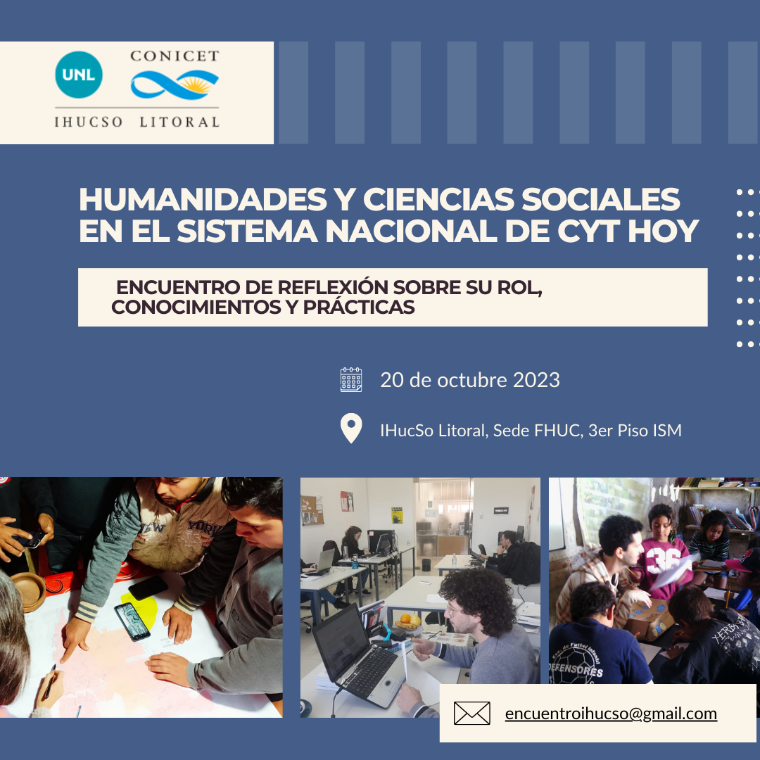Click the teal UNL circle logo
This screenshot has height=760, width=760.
(79, 75)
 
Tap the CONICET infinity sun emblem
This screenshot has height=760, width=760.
(175, 84)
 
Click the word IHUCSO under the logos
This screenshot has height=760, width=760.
(88, 122)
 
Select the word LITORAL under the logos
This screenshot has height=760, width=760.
(179, 122)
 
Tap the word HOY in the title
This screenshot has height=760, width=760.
(663, 231)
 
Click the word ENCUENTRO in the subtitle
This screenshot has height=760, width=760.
(178, 287)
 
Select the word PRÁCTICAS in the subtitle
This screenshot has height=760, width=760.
(359, 307)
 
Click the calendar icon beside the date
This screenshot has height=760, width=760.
(351, 379)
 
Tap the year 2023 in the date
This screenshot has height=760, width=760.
(536, 380)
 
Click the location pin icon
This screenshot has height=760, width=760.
(351, 429)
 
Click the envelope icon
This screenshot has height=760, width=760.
(471, 714)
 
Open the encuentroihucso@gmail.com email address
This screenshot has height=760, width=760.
(611, 714)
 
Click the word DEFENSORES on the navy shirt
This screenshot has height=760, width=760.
(576, 671)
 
